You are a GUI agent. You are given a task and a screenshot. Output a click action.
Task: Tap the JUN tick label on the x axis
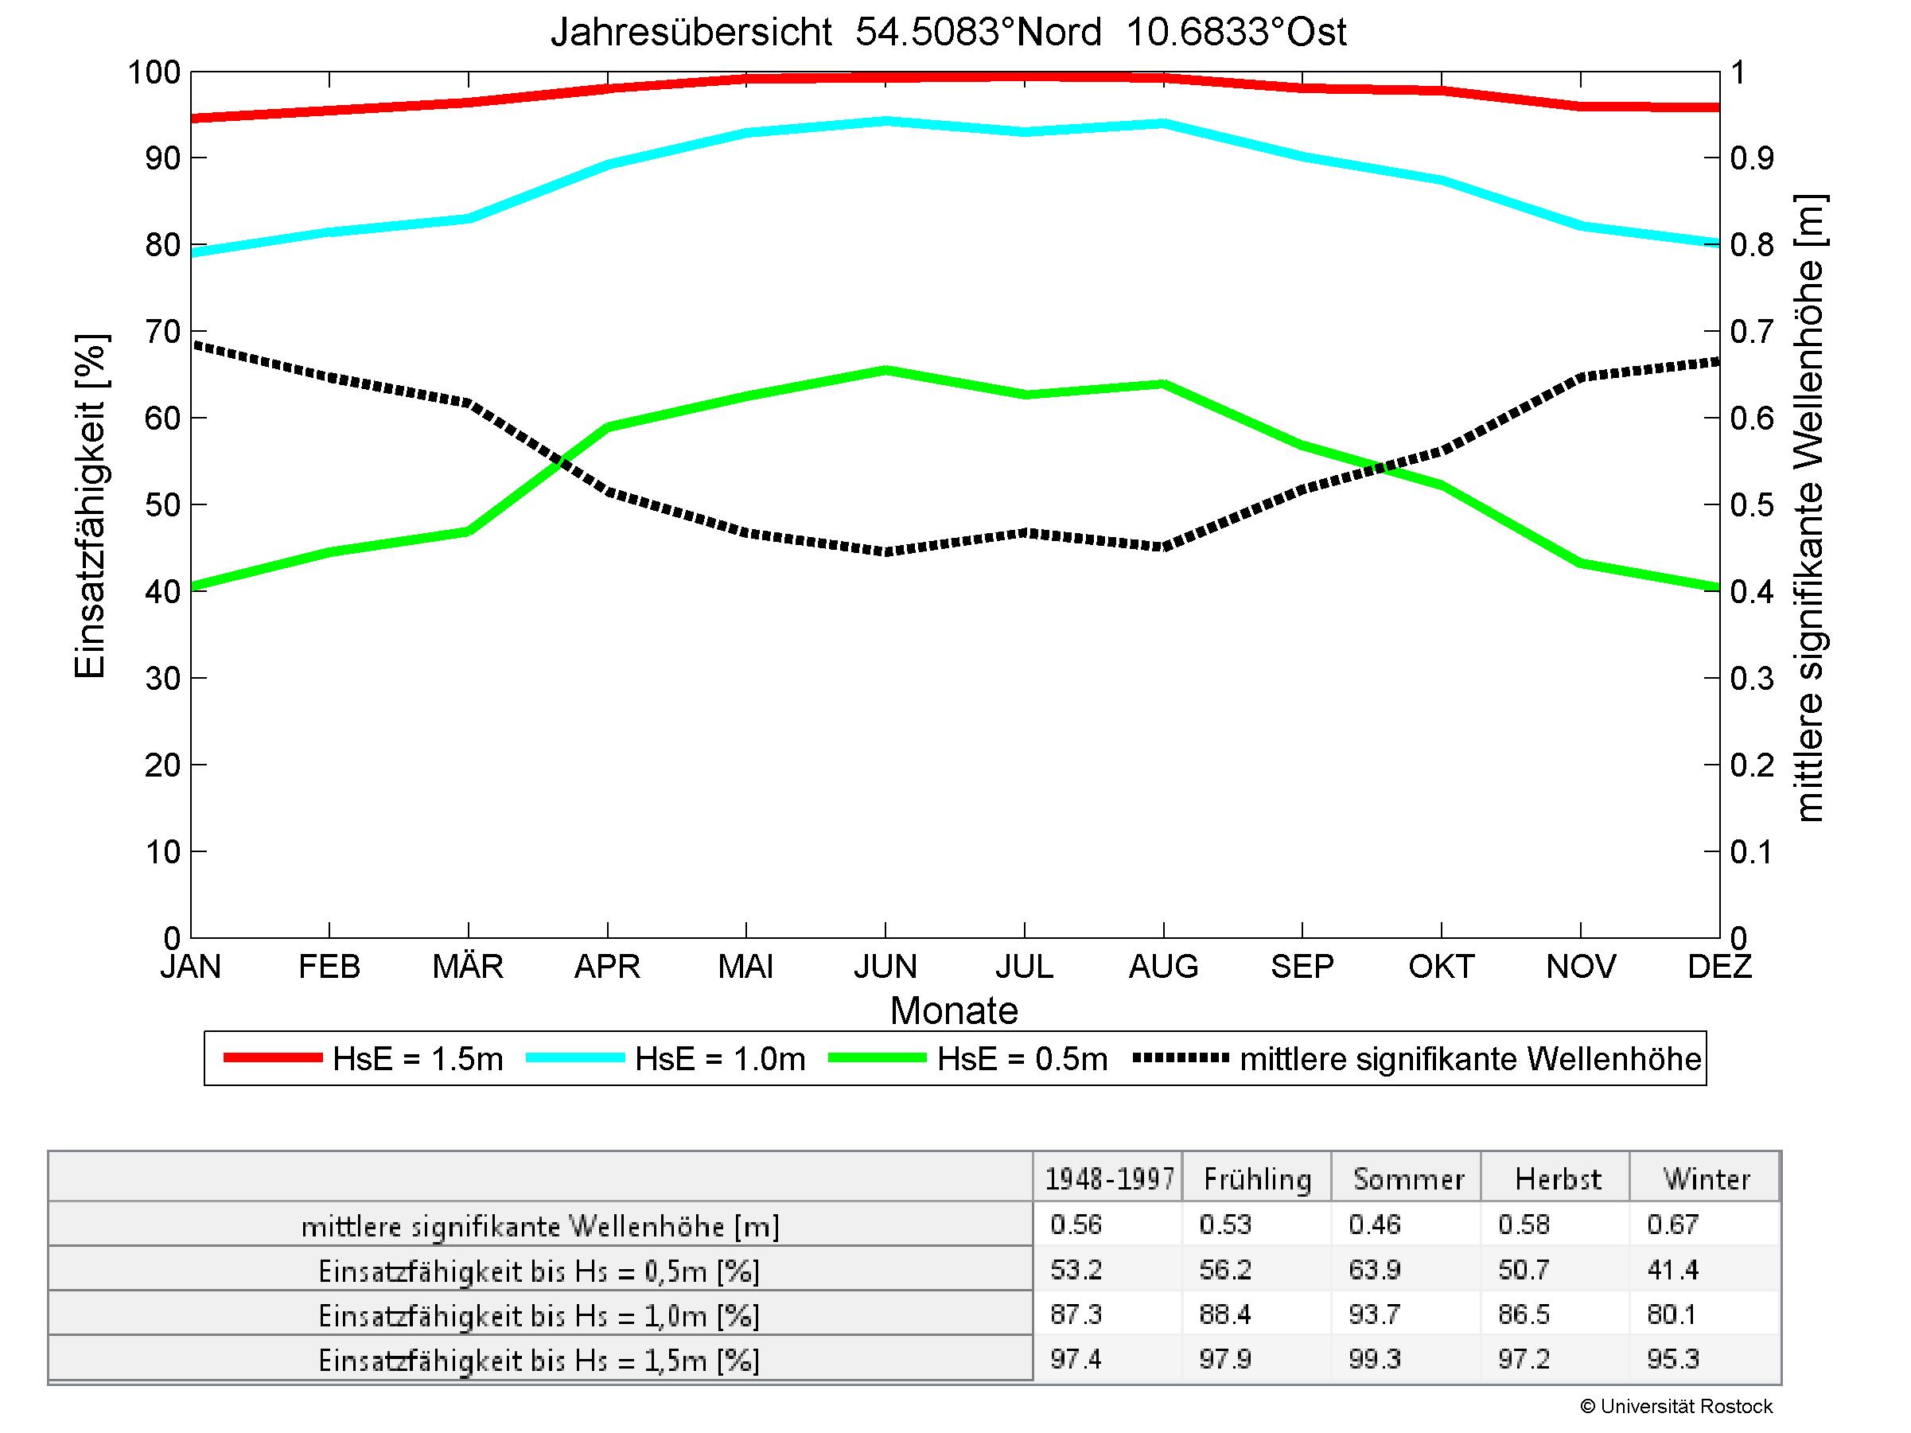click(885, 966)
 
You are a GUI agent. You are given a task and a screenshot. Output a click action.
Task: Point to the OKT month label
click(1440, 966)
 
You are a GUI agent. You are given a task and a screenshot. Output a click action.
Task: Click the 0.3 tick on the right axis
click(1751, 679)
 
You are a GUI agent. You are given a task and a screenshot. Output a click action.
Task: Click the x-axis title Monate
click(954, 1010)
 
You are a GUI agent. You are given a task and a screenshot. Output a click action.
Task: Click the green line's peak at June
click(885, 371)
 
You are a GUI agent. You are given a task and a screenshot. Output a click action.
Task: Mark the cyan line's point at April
click(608, 163)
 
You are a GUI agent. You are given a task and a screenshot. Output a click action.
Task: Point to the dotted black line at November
click(1581, 377)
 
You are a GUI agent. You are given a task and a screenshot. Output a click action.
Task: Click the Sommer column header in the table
click(1408, 1179)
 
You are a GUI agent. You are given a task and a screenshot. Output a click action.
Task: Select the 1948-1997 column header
click(1109, 1179)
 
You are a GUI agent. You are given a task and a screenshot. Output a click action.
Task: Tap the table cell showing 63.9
click(1375, 1270)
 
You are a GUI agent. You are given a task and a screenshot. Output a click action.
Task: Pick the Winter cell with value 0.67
click(1672, 1225)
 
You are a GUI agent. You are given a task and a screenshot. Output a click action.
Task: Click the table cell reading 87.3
click(1076, 1314)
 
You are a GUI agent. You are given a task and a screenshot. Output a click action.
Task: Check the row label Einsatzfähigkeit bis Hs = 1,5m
click(539, 1361)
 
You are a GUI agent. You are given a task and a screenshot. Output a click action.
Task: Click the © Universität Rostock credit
click(1676, 1406)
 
